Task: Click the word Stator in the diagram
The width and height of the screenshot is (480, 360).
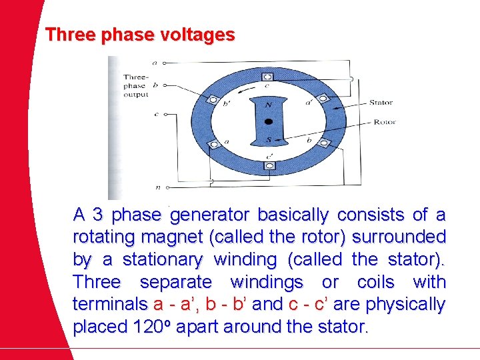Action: pyautogui.click(x=380, y=103)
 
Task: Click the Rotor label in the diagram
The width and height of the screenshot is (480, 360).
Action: pyautogui.click(x=385, y=122)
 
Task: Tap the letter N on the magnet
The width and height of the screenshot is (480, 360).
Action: pyautogui.click(x=268, y=105)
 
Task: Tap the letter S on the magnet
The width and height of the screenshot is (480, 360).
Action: pyautogui.click(x=267, y=139)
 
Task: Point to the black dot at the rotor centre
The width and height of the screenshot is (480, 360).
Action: pyautogui.click(x=268, y=122)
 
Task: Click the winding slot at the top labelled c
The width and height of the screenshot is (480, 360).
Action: pyautogui.click(x=268, y=75)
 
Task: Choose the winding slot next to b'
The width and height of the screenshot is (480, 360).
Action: pyautogui.click(x=213, y=99)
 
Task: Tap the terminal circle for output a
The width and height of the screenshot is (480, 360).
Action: pyautogui.click(x=165, y=63)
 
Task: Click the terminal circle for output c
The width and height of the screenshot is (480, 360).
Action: pyautogui.click(x=165, y=114)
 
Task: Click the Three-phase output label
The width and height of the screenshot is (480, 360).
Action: pyautogui.click(x=136, y=86)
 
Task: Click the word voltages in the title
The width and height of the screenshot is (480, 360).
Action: pyautogui.click(x=199, y=35)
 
